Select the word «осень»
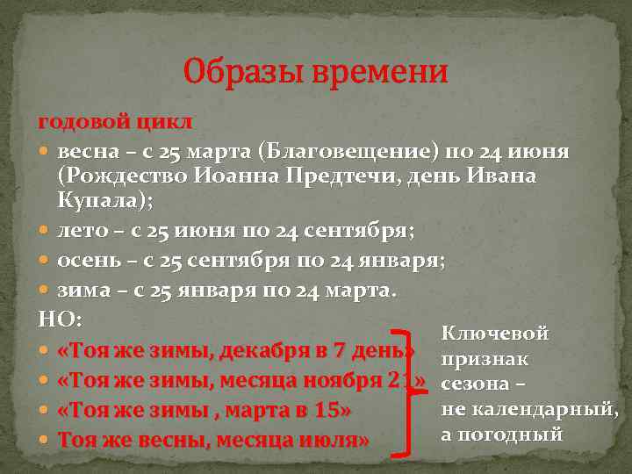point(90,262)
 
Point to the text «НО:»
point(58,317)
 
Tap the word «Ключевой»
point(495,334)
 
